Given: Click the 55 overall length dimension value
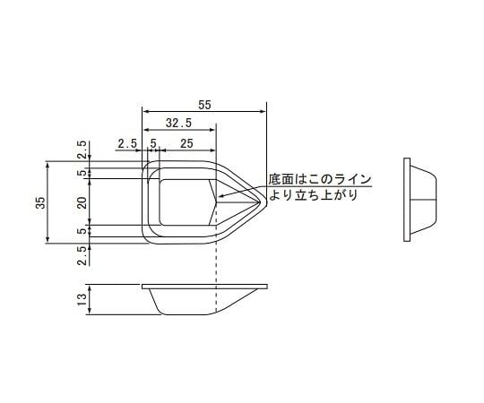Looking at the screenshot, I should pos(204,105).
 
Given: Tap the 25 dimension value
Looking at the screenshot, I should pos(186,143).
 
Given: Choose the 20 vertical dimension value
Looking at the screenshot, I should pos(82,203).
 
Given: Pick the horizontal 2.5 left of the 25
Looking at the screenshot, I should pos(125,143).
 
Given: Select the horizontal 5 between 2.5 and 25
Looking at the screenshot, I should pos(153,143).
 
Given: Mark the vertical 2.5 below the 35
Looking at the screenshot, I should pos(82,256).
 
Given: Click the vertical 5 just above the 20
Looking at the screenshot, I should pos(82,172).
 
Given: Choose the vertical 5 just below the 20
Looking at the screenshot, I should pos(82,231).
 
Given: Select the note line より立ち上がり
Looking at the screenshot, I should pos(312,194).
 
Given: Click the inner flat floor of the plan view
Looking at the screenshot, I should pos(184,201).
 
